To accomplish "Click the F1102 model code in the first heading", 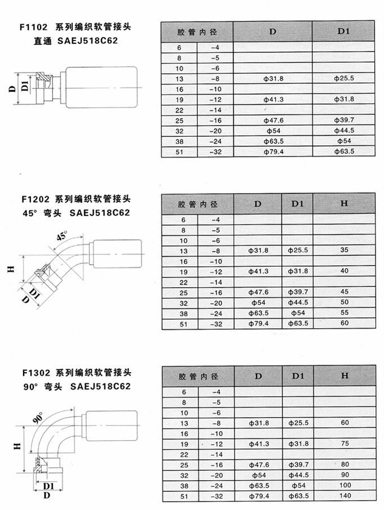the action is (33, 26).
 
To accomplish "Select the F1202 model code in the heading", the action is (36, 199).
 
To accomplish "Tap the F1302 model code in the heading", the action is (36, 373).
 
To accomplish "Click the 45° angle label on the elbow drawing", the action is (61, 235).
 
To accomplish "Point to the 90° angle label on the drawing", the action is (38, 418).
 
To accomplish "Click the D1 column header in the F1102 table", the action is (343, 31).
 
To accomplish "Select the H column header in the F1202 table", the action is (344, 203).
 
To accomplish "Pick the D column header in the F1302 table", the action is (258, 376).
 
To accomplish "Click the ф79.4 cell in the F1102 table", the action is (273, 151).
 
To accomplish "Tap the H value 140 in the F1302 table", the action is (345, 496).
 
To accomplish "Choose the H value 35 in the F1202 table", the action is (345, 250).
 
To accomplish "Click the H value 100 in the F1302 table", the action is (345, 485).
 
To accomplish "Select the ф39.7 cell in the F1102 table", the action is (344, 120).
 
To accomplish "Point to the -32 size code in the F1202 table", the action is (216, 324).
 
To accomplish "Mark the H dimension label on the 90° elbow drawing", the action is (17, 446).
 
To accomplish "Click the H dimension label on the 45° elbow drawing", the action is (11, 269).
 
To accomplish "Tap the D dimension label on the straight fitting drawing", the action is (12, 88).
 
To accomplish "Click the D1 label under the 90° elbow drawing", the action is (48, 486).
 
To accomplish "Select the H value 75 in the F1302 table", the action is (345, 444).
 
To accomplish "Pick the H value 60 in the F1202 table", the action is (345, 323).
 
